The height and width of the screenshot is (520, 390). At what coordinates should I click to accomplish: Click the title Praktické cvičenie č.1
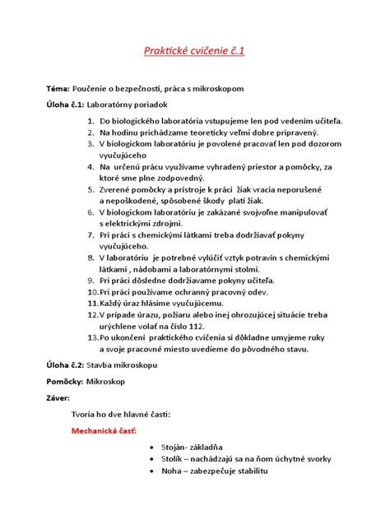[x=195, y=53]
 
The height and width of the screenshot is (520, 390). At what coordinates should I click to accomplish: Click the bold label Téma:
[x=59, y=87]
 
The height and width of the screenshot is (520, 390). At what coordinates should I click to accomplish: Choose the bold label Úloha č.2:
[x=65, y=364]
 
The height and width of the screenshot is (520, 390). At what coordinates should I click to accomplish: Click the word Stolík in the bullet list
[x=176, y=458]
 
